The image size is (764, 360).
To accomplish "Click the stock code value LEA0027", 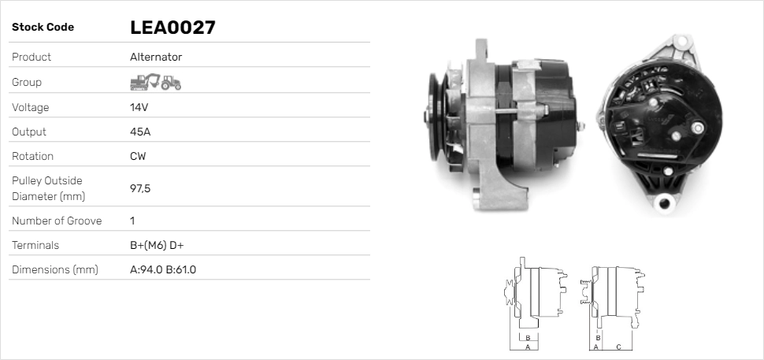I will pos(172,28).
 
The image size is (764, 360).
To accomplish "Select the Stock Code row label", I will pos(43,28).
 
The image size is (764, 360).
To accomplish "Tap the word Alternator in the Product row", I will pos(156,58).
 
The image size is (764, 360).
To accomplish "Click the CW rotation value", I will pos(138,156).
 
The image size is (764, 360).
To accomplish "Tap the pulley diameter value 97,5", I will pos(141,188).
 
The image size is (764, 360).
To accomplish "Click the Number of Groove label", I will pos(57,221).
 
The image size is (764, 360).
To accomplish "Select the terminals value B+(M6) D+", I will pos(157,246).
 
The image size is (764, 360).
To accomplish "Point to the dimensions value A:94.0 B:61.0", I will pos(163,270).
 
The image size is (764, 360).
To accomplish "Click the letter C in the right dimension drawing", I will pos(618,347).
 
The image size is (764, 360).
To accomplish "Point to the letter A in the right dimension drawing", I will pos(596,347).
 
